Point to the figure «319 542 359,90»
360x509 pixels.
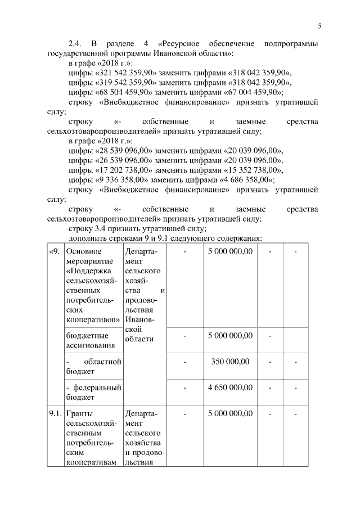pyautogui.click(x=124, y=83)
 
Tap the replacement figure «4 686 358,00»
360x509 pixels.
pyautogui.click(x=245, y=180)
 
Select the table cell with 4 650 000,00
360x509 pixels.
pyautogui.click(x=230, y=388)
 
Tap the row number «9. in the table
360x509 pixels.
pyautogui.click(x=55, y=251)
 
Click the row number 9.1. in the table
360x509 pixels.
pyautogui.click(x=55, y=413)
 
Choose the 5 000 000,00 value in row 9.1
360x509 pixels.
pyautogui.click(x=230, y=413)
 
